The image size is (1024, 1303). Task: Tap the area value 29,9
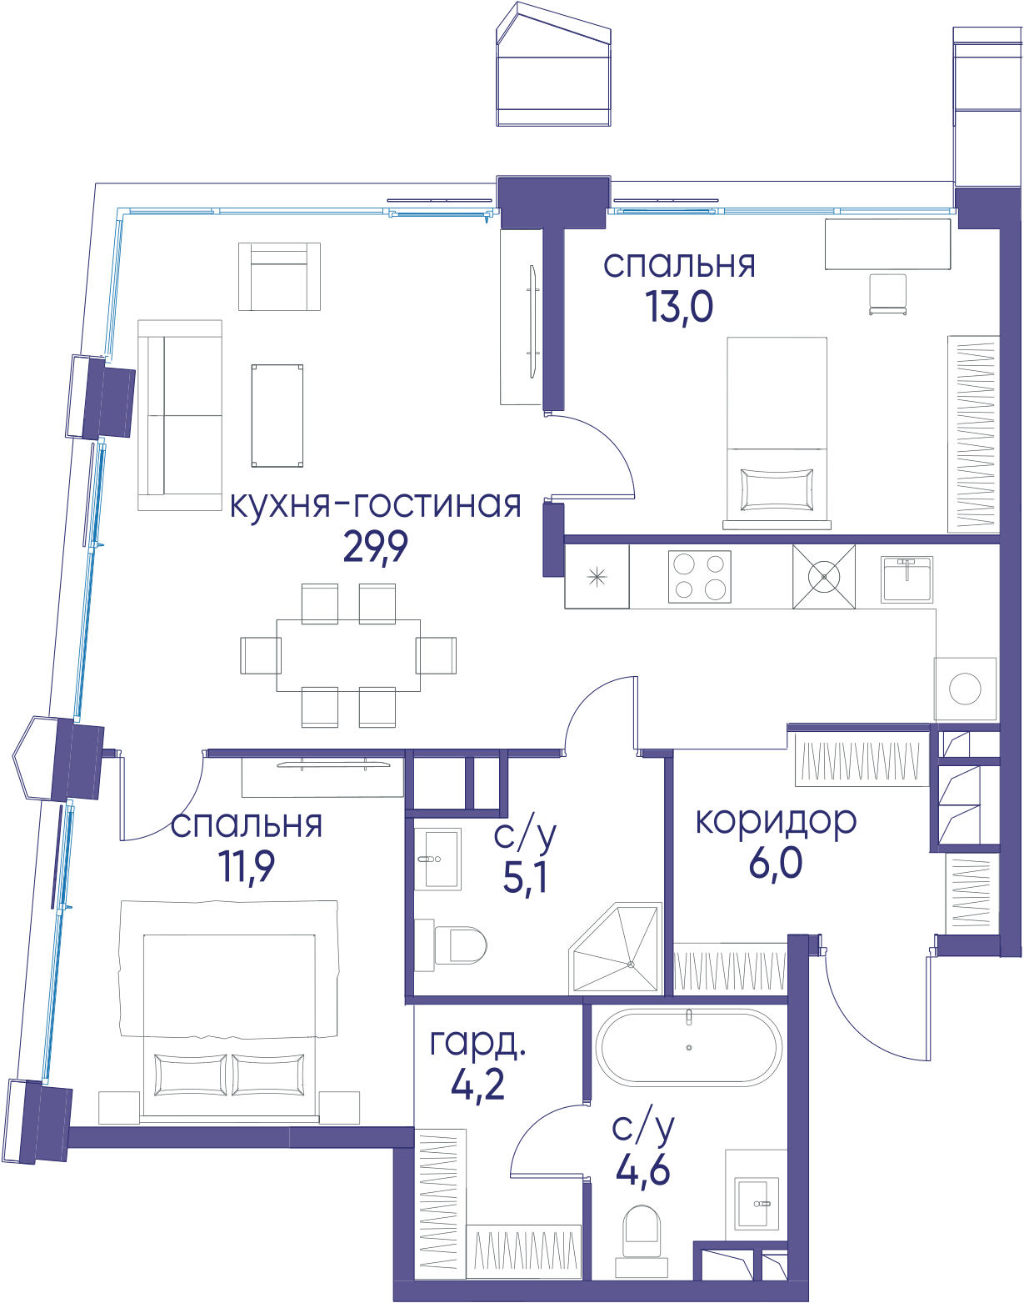click(376, 547)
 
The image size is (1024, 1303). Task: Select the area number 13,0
click(680, 307)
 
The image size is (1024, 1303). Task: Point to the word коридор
click(776, 822)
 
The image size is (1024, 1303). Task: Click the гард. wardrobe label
click(477, 1043)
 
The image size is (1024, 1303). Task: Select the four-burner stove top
click(700, 576)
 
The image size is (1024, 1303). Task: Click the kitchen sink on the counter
click(906, 579)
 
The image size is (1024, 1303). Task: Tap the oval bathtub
click(689, 1048)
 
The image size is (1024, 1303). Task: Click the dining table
click(348, 655)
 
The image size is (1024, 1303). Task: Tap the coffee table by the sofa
click(277, 415)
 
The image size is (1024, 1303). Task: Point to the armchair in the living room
click(279, 276)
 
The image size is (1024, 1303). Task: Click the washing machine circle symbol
click(965, 689)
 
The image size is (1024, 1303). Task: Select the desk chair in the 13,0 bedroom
click(888, 294)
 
